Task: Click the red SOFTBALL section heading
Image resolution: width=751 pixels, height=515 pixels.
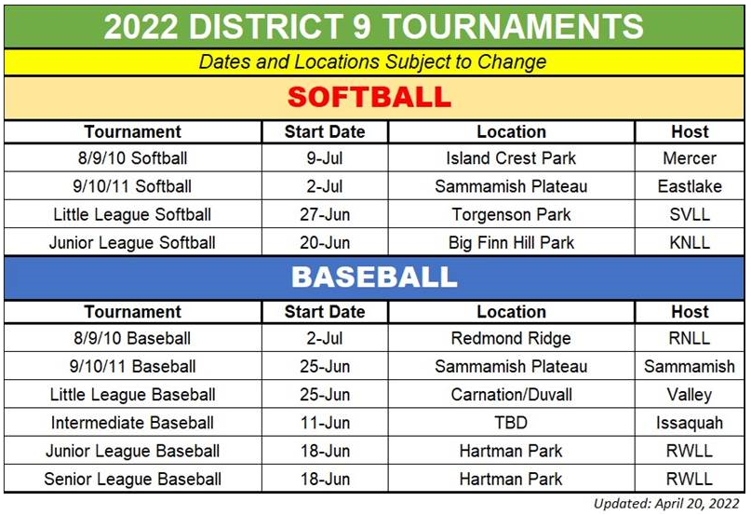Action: pos(369,97)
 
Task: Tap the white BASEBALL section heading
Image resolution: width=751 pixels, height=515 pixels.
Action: pos(374,278)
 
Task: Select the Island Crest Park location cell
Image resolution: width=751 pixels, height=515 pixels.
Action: pos(511,158)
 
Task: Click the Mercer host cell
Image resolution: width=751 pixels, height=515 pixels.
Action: pos(690,158)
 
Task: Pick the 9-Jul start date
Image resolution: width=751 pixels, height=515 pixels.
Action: pos(325,158)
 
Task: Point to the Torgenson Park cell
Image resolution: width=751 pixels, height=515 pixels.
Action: pos(511,214)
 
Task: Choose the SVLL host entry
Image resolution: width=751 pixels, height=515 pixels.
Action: pos(690,214)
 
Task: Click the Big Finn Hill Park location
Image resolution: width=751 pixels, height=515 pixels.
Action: pos(511,243)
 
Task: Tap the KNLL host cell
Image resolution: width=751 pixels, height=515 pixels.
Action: pos(690,243)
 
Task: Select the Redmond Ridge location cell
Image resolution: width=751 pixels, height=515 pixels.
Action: pos(511,339)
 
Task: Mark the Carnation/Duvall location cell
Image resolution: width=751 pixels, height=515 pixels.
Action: pos(511,395)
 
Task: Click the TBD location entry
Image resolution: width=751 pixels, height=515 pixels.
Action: pos(511,423)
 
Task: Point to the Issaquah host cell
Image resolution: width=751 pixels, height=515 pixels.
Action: pos(690,423)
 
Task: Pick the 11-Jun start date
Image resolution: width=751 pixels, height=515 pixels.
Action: pos(325,423)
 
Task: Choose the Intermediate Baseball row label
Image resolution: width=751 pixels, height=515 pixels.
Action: pos(132,423)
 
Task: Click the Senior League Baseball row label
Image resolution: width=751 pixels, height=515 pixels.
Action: pos(132,479)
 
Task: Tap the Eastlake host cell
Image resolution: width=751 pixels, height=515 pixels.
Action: pos(690,186)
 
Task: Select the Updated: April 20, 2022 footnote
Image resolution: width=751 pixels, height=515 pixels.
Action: pos(666,504)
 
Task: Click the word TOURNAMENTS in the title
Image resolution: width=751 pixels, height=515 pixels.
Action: pos(513,26)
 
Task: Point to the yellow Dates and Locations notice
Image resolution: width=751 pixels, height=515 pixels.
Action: pos(372,61)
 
